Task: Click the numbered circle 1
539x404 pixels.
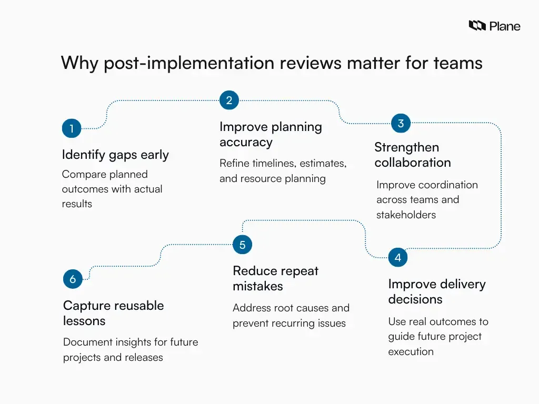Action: (x=72, y=128)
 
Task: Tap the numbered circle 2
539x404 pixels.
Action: (x=229, y=100)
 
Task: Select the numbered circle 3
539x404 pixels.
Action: (x=401, y=124)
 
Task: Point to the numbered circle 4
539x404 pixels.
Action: (x=398, y=258)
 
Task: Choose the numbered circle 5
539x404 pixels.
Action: (x=242, y=245)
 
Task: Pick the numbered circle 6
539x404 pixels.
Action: (x=73, y=279)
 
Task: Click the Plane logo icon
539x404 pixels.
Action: (x=477, y=25)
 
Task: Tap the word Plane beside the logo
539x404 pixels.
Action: (x=505, y=26)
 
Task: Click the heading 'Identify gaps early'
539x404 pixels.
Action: (x=115, y=155)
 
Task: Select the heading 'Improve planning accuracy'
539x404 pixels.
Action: (x=271, y=134)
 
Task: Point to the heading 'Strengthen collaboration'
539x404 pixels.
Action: (x=412, y=155)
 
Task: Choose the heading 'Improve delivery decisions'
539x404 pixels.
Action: (x=437, y=291)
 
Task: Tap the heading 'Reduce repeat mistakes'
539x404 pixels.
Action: (x=275, y=278)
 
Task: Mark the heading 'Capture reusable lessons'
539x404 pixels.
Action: (x=113, y=313)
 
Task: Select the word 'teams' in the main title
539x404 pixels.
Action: (x=457, y=63)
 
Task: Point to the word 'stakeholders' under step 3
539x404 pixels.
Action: (x=406, y=215)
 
